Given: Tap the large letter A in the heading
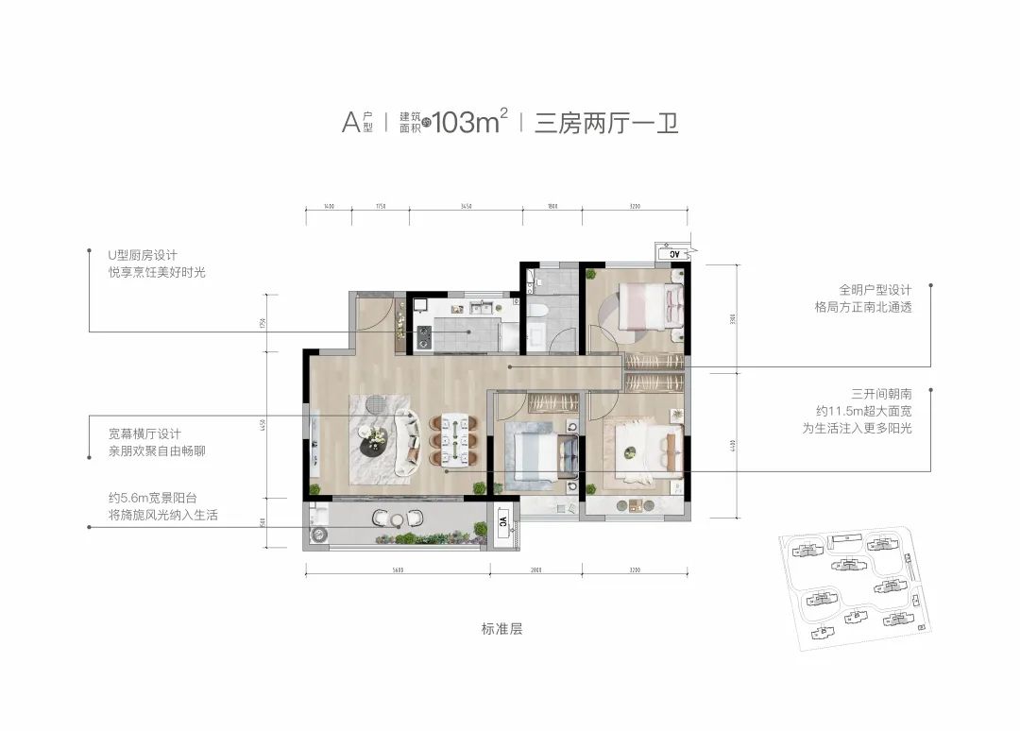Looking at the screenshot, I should pyautogui.click(x=348, y=123).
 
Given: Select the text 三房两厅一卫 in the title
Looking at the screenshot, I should pyautogui.click(x=606, y=123).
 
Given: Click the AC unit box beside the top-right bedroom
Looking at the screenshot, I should pyautogui.click(x=674, y=254).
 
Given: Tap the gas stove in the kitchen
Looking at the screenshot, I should pyautogui.click(x=422, y=335).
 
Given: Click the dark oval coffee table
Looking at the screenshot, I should pyautogui.click(x=376, y=441).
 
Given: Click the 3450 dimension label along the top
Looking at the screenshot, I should pyautogui.click(x=466, y=206).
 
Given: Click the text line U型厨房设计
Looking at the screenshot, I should pyautogui.click(x=143, y=255).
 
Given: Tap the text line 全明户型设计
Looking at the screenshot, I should pyautogui.click(x=874, y=290).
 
